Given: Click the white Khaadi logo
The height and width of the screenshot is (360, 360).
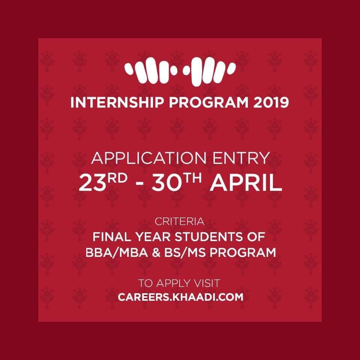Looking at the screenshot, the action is pos(180,72).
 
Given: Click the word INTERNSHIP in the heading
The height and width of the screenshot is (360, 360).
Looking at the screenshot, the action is pos(117,102).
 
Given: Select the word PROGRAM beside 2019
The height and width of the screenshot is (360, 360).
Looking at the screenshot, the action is pos(209,102).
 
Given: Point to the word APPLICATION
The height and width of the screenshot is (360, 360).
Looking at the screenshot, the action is pos(149,158).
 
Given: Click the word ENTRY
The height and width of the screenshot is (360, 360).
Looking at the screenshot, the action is pos(241,158).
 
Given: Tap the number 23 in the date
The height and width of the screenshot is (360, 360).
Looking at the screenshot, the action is pos(92,183).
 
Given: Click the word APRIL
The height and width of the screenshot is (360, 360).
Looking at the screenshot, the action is pos(246,183).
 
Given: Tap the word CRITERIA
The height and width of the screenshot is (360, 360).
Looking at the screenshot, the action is pos(180,222).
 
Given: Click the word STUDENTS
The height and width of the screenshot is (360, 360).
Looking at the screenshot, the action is pos(208,237).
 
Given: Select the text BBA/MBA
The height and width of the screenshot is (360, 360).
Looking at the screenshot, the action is pos(117,253).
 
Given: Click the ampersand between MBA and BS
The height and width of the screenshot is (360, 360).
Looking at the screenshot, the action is pos(156,253).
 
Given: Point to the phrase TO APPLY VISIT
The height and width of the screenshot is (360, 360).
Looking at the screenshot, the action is pos(179,283).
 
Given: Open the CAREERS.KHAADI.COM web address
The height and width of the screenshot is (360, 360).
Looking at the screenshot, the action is pos(180,297).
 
